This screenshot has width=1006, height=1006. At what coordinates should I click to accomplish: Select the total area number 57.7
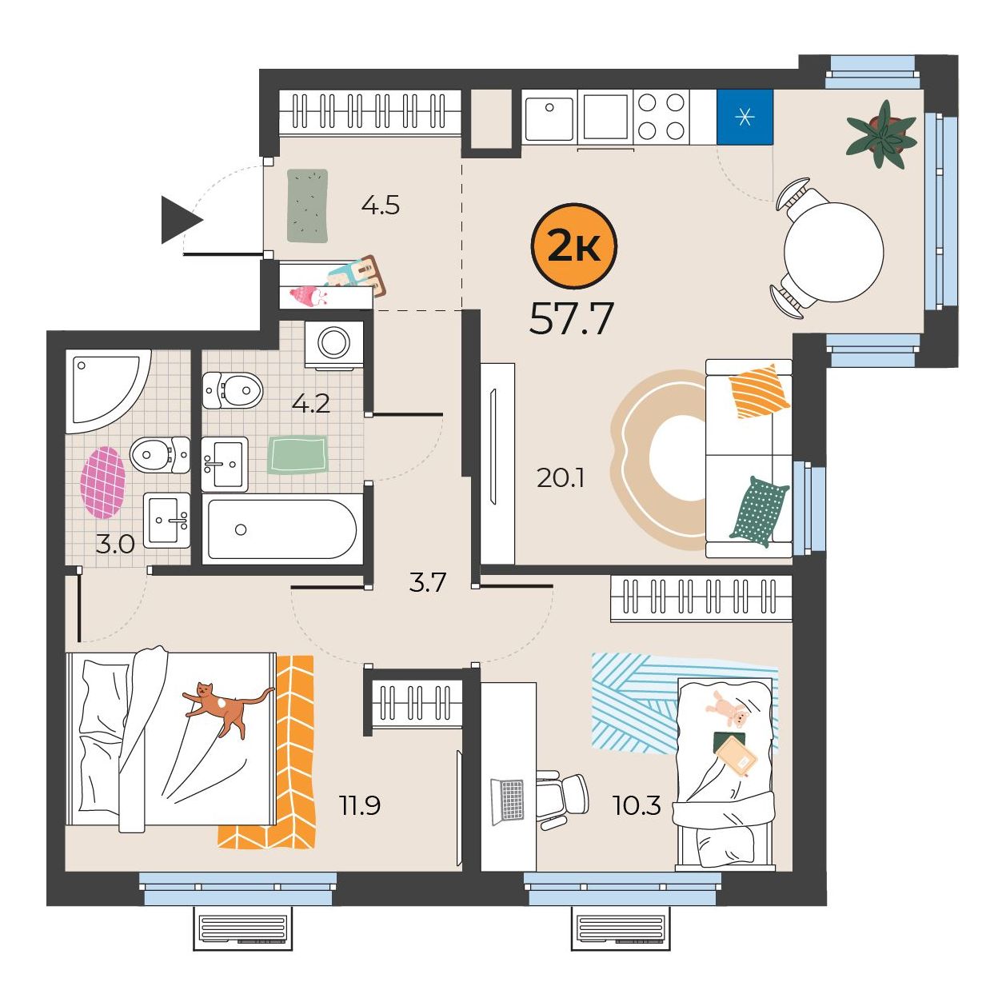coord(571,319)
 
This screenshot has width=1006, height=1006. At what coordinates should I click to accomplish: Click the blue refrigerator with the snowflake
coord(745,117)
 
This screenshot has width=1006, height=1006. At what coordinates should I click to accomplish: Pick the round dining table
coord(834,253)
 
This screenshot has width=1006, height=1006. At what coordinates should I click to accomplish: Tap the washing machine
coord(334,345)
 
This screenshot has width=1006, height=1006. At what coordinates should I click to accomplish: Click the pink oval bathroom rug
coord(103,482)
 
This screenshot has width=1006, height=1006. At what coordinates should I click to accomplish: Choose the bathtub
coord(282,529)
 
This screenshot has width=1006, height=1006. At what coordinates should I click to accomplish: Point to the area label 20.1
coord(560,478)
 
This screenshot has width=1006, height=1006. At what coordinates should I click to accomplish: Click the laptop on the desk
coord(507,802)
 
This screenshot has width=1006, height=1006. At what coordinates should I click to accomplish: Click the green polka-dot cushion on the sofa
coord(759,511)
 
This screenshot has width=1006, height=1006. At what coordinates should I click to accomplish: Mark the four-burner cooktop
coord(661,117)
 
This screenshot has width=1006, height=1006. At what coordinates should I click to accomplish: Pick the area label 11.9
coord(360,805)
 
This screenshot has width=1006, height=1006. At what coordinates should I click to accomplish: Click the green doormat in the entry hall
coord(308,206)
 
